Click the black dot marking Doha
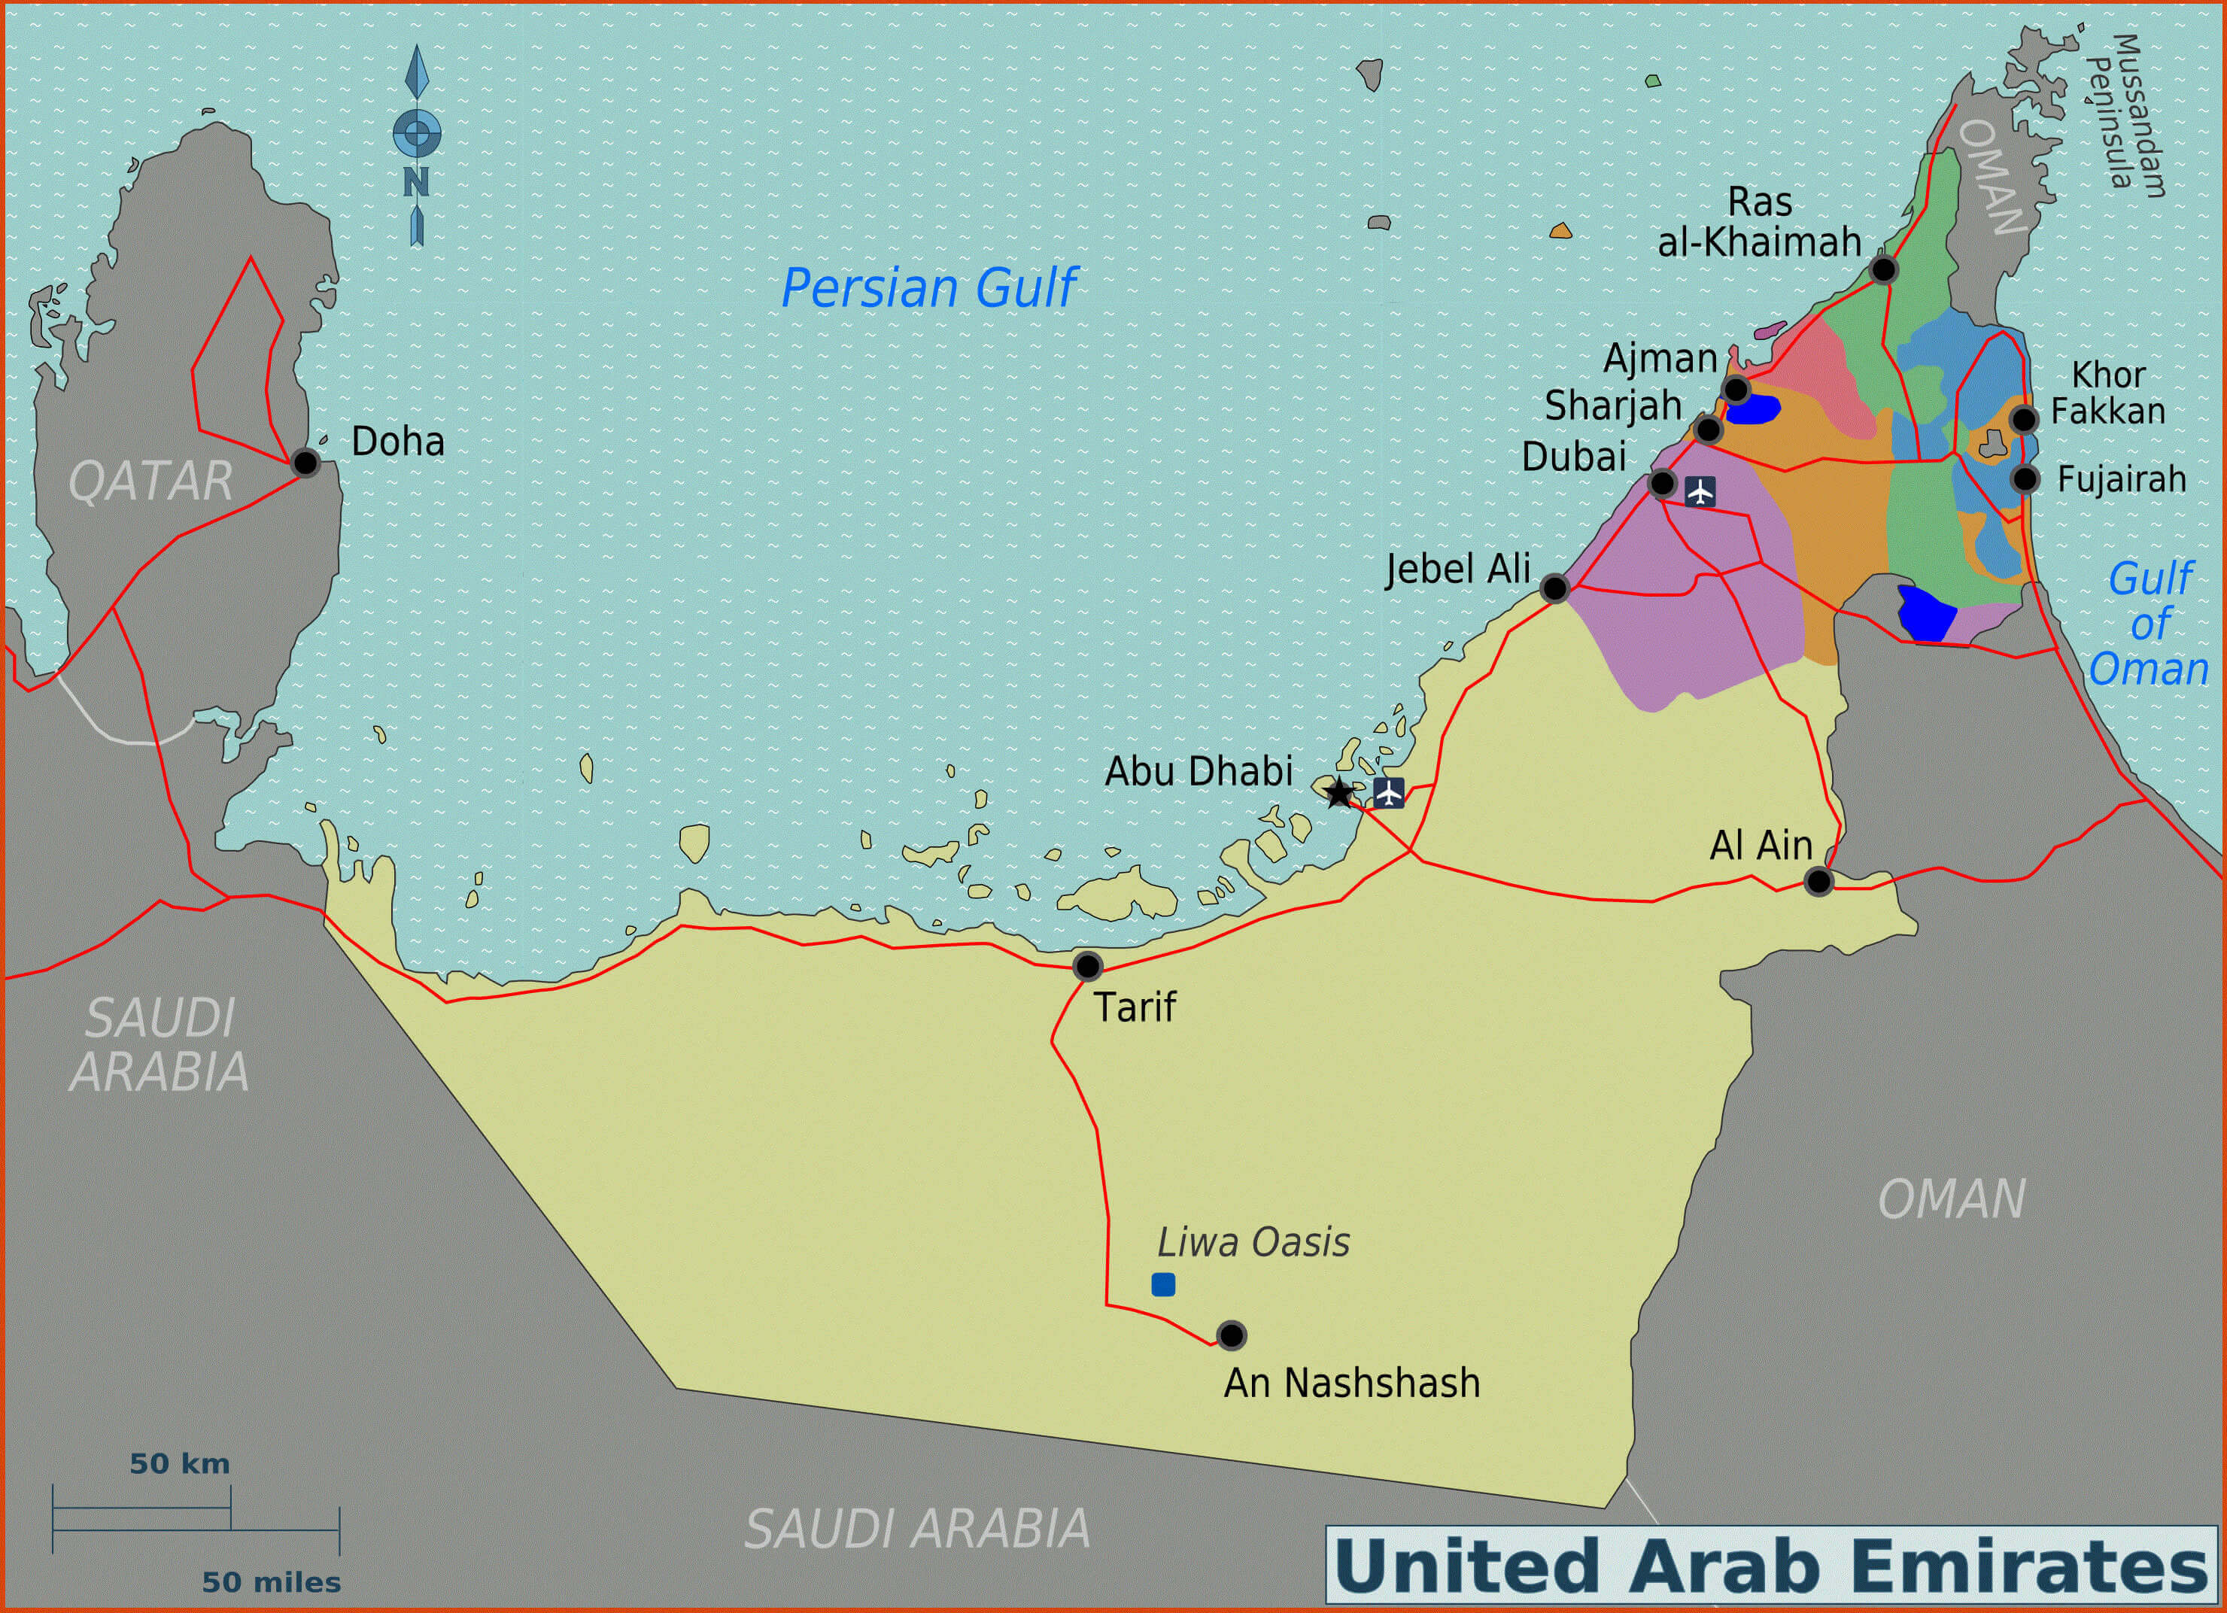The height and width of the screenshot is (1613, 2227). [x=305, y=463]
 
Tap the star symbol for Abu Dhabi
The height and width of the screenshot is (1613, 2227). [x=1338, y=792]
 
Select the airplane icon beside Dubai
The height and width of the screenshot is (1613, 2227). [x=1700, y=491]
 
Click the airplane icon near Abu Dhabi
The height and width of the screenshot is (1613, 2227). [x=1388, y=792]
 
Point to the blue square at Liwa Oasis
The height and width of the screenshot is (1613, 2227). [x=1162, y=1284]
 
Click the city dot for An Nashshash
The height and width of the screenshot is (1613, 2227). [x=1230, y=1335]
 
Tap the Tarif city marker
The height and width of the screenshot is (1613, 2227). [x=1087, y=966]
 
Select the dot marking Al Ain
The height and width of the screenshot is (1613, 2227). [x=1818, y=882]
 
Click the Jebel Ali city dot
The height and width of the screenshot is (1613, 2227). [x=1554, y=588]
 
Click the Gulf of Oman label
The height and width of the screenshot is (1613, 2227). [x=2149, y=624]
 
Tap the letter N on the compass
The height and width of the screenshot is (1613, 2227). [x=416, y=183]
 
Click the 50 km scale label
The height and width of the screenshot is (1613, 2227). [x=180, y=1464]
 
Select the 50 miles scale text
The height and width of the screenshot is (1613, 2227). [x=271, y=1581]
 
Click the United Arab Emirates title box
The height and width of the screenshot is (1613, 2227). [x=1770, y=1565]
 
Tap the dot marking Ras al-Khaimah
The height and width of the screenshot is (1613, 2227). [x=1882, y=269]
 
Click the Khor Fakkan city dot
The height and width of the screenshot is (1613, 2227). [x=2023, y=419]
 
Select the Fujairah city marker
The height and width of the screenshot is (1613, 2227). [x=2024, y=479]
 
